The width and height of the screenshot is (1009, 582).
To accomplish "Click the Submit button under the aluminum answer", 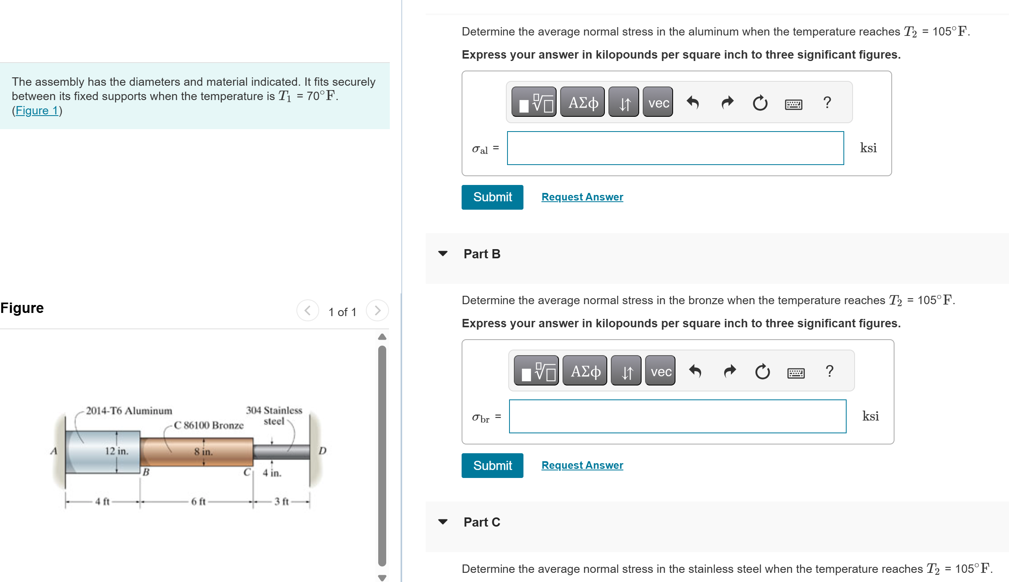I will coord(492,197).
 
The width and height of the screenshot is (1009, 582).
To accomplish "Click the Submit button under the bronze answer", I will coord(492,465).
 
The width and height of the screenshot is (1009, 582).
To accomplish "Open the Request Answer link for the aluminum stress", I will coord(582,197).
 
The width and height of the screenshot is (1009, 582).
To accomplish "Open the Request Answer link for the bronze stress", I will coord(582,465).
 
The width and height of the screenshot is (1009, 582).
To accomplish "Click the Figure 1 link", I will coord(37,110).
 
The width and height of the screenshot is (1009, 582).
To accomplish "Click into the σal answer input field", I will coord(675,148).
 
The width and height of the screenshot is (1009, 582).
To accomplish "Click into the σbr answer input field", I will coord(677,416).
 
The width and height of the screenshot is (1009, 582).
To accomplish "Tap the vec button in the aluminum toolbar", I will coord(658,103).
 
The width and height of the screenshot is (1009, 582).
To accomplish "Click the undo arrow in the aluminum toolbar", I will coord(693,103).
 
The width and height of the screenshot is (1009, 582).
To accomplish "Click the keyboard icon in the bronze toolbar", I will coord(796,373).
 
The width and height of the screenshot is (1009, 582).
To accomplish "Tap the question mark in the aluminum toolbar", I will coord(827,103).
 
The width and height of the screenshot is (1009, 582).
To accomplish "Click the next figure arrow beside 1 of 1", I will coord(377,311).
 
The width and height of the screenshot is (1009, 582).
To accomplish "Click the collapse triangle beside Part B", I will coord(442,254).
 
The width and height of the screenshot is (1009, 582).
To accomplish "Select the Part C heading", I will coord(481,522).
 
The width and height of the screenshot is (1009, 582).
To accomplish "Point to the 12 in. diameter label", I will coord(116,451).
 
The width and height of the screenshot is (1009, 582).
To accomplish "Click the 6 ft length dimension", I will coord(198,501).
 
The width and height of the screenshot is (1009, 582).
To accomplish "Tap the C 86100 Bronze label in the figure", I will coord(208,425).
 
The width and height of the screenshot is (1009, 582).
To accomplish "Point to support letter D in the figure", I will coord(322,451).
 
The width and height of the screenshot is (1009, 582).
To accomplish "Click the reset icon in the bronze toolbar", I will coord(762,372).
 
